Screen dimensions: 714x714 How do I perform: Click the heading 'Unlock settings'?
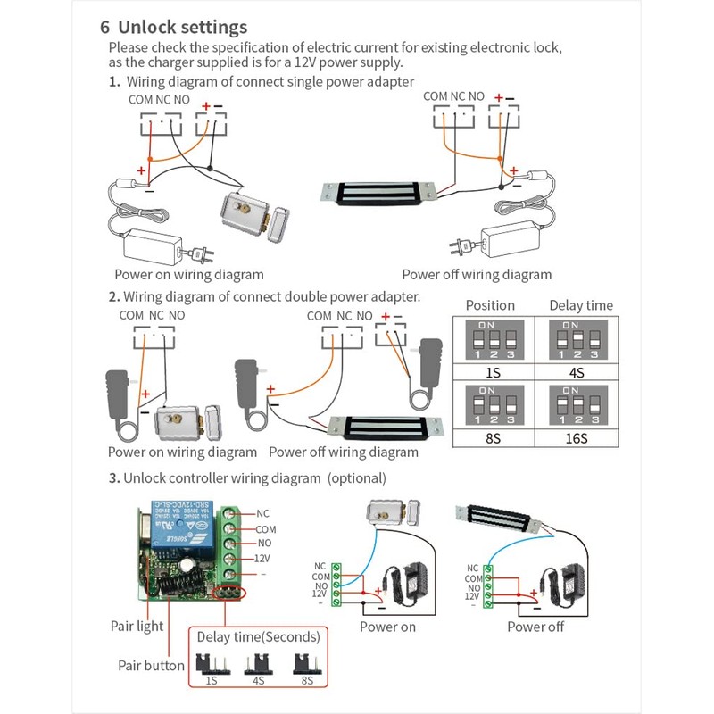pos(183,27)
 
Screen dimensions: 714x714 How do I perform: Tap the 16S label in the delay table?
pos(577,437)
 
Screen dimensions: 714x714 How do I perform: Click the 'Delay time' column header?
pos(580,305)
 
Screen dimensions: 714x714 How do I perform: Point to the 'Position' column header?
pos(490,305)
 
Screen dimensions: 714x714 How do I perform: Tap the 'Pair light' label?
pos(137,627)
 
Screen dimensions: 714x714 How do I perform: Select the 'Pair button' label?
pos(151,666)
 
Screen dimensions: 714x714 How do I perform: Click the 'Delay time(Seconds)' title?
pos(257,636)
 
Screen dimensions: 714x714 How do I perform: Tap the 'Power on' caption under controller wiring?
pos(387,627)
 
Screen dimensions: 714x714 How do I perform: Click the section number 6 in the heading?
pos(104,27)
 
